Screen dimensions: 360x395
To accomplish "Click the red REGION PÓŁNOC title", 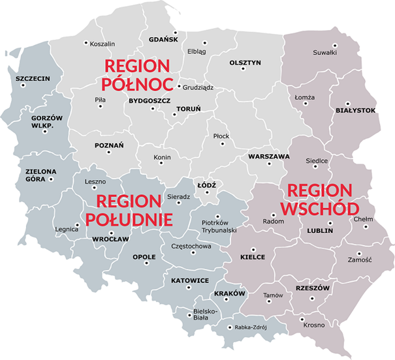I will tap(136, 75).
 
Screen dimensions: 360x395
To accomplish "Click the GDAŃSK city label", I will tap(163, 39).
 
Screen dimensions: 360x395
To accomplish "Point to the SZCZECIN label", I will tap(33, 79).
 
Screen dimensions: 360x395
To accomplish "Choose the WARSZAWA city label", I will tap(268, 157).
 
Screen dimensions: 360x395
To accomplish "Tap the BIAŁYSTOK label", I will tap(355, 110).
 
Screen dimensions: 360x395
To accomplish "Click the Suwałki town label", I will tap(324, 53).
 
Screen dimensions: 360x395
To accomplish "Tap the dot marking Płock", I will tap(223, 143).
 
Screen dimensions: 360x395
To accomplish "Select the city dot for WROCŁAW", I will tap(112, 232).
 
